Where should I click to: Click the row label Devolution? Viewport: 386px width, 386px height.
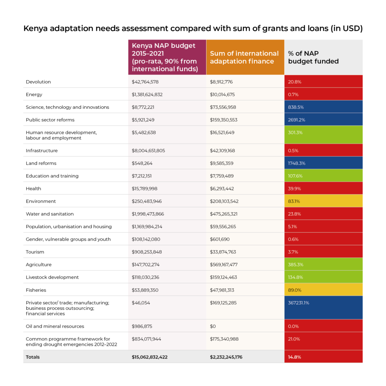tap(38, 82)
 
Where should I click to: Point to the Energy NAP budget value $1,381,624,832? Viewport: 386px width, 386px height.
tap(147, 95)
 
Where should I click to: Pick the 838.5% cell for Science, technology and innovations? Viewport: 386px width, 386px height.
tap(323, 107)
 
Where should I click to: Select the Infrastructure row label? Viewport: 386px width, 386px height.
tap(41, 151)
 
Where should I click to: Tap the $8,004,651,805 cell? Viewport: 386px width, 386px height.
tap(148, 151)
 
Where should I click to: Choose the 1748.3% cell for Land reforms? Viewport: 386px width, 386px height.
tap(323, 163)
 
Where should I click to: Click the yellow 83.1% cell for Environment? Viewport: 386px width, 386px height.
tap(323, 201)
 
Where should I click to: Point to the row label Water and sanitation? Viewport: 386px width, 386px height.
tap(50, 214)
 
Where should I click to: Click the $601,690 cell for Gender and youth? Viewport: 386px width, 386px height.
tap(220, 239)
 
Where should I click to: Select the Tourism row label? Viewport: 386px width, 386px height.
tap(35, 252)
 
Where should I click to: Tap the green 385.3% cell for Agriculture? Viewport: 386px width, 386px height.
tap(323, 264)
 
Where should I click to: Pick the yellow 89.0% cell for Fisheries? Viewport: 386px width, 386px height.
tap(323, 289)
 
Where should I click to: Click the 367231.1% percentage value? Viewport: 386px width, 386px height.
tap(299, 303)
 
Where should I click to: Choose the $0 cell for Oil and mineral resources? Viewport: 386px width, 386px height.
tap(213, 326)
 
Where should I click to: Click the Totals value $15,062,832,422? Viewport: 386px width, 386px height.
tap(149, 357)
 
